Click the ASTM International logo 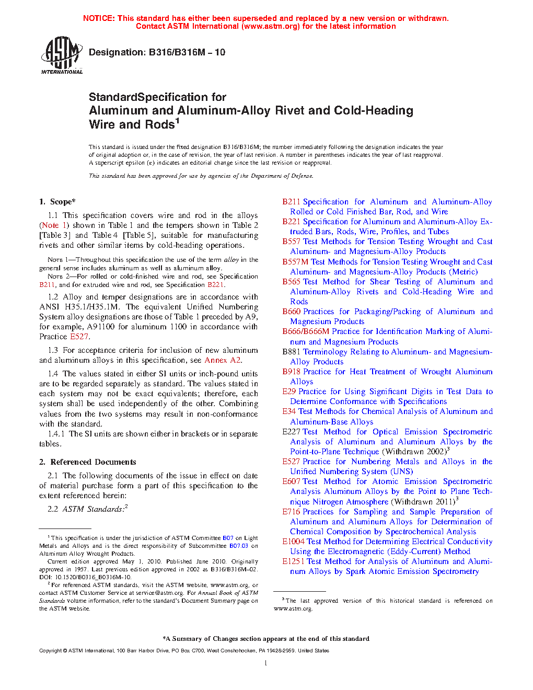[x=61, y=55]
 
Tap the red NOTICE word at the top [x=99, y=18]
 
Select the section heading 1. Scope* [x=57, y=202]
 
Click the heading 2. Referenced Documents [x=88, y=462]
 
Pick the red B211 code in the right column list [x=291, y=202]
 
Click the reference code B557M [x=295, y=262]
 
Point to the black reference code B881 [x=291, y=352]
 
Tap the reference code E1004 [x=293, y=542]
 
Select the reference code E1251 [x=293, y=561]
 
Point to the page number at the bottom [x=266, y=663]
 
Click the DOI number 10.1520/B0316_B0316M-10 [x=91, y=577]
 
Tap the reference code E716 [x=291, y=512]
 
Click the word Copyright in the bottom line [x=51, y=651]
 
